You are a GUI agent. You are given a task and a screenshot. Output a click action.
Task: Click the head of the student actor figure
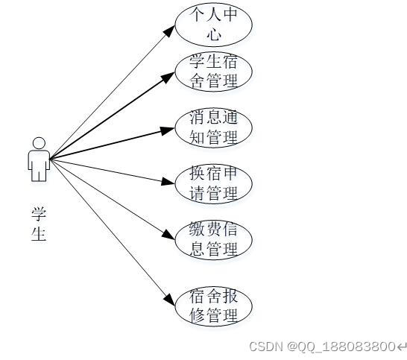pyautogui.click(x=39, y=143)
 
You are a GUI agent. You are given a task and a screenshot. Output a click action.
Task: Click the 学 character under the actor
pyautogui.click(x=39, y=214)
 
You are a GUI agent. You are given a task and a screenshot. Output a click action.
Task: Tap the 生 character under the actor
pyautogui.click(x=39, y=233)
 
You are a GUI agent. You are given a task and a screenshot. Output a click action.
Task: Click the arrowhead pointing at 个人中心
pyautogui.click(x=169, y=31)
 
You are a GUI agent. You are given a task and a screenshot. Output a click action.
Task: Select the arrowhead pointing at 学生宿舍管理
pyautogui.click(x=168, y=78)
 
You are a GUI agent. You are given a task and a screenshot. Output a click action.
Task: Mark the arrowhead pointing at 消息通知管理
pyautogui.click(x=167, y=130)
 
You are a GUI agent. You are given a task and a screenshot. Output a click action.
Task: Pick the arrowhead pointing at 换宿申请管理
pyautogui.click(x=168, y=181)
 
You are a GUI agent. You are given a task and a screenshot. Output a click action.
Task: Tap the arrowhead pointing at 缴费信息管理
pyautogui.click(x=168, y=235)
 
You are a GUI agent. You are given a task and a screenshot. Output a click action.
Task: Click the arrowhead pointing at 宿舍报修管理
pyautogui.click(x=170, y=300)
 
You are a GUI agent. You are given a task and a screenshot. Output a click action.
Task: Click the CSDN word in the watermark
pyautogui.click(x=266, y=347)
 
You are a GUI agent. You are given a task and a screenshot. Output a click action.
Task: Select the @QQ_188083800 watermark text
pyautogui.click(x=341, y=347)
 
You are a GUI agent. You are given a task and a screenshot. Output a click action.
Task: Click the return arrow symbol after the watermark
pyautogui.click(x=401, y=347)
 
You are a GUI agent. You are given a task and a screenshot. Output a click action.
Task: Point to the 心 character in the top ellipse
pyautogui.click(x=215, y=34)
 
